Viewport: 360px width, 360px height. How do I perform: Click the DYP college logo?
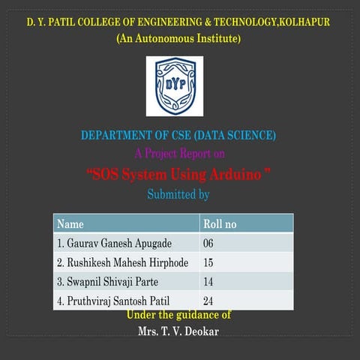coord(175,87)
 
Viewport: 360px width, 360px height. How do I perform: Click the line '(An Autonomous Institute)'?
coord(178,38)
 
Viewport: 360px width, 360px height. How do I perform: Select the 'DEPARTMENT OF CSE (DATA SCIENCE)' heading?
coord(178,136)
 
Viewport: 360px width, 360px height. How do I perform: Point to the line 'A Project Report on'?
coord(179,154)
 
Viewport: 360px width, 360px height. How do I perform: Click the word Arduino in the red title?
coord(237,175)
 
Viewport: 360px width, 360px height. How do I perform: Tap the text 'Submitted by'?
coord(178,195)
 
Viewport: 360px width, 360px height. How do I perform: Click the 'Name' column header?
coord(70,224)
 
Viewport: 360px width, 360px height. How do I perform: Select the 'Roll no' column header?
coord(220,224)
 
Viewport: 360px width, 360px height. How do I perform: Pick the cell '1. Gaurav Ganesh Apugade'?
coord(114,244)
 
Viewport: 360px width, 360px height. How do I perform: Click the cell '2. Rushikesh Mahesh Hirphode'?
coord(122,263)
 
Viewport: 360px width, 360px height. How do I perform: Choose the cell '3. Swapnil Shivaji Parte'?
coord(108,282)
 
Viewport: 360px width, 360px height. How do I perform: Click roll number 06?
coord(208,244)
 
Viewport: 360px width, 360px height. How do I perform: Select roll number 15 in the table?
coord(208,263)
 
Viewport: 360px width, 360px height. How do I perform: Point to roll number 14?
coord(208,282)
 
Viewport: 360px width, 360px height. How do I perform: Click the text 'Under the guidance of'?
coord(178,315)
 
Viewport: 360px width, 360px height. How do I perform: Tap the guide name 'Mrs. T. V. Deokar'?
coord(178,331)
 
